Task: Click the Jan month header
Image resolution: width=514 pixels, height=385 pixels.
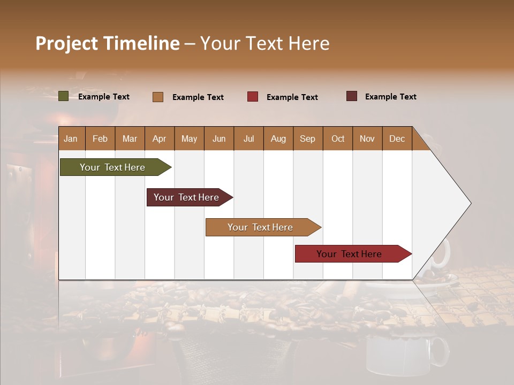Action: [71, 138]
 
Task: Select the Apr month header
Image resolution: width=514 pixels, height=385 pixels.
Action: [159, 138]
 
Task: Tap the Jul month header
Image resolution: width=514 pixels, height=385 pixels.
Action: [248, 138]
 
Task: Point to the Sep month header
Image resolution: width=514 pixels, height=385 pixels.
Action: [307, 138]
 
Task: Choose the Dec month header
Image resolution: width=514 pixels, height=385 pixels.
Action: [397, 138]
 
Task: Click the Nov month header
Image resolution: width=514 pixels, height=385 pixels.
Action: [367, 138]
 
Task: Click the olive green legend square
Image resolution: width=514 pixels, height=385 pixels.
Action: [63, 96]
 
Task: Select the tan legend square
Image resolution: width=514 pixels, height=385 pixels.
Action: [158, 97]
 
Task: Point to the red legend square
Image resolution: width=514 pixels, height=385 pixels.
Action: [253, 97]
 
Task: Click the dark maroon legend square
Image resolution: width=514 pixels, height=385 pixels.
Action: [352, 96]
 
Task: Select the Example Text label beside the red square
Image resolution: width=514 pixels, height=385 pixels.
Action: [292, 97]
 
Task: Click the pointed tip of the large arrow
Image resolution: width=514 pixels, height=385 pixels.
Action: [469, 203]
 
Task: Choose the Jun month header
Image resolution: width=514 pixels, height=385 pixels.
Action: [218, 138]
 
